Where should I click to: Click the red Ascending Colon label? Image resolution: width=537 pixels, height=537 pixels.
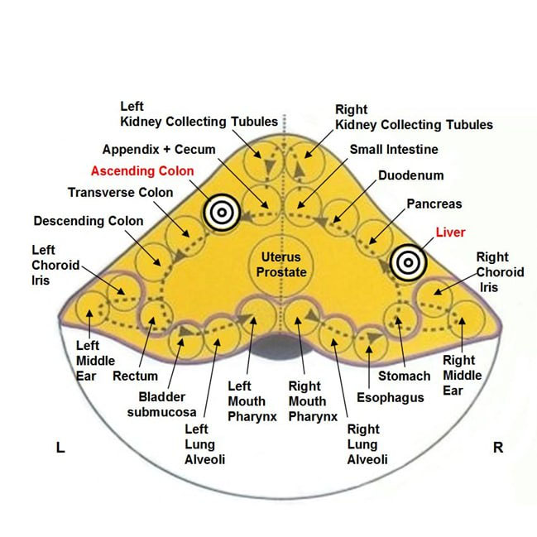[x=142, y=171]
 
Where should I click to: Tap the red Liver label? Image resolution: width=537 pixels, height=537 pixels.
[x=450, y=233]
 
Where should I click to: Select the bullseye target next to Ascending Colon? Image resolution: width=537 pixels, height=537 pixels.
[x=221, y=213]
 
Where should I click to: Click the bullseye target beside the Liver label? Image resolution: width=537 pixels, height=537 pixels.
[x=407, y=262]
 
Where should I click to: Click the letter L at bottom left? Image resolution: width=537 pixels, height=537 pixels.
[x=60, y=448]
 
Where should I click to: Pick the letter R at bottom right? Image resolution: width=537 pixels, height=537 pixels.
[x=498, y=448]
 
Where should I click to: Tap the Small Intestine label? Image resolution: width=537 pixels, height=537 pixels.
[x=394, y=150]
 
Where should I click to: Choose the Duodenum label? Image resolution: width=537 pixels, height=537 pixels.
[x=411, y=175]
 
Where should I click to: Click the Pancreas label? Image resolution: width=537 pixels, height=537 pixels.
[x=434, y=204]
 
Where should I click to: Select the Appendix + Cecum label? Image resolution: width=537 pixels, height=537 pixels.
[x=159, y=150]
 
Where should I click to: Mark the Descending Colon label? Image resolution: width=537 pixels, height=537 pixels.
[x=89, y=221]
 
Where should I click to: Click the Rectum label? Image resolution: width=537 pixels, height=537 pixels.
[x=135, y=376]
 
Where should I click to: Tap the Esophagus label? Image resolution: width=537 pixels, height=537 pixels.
[x=391, y=397]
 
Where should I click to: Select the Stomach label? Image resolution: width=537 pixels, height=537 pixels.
[x=405, y=376]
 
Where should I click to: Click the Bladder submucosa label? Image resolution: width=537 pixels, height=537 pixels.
[x=161, y=403]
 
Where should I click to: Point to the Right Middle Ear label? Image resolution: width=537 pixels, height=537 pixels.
[x=458, y=373]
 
